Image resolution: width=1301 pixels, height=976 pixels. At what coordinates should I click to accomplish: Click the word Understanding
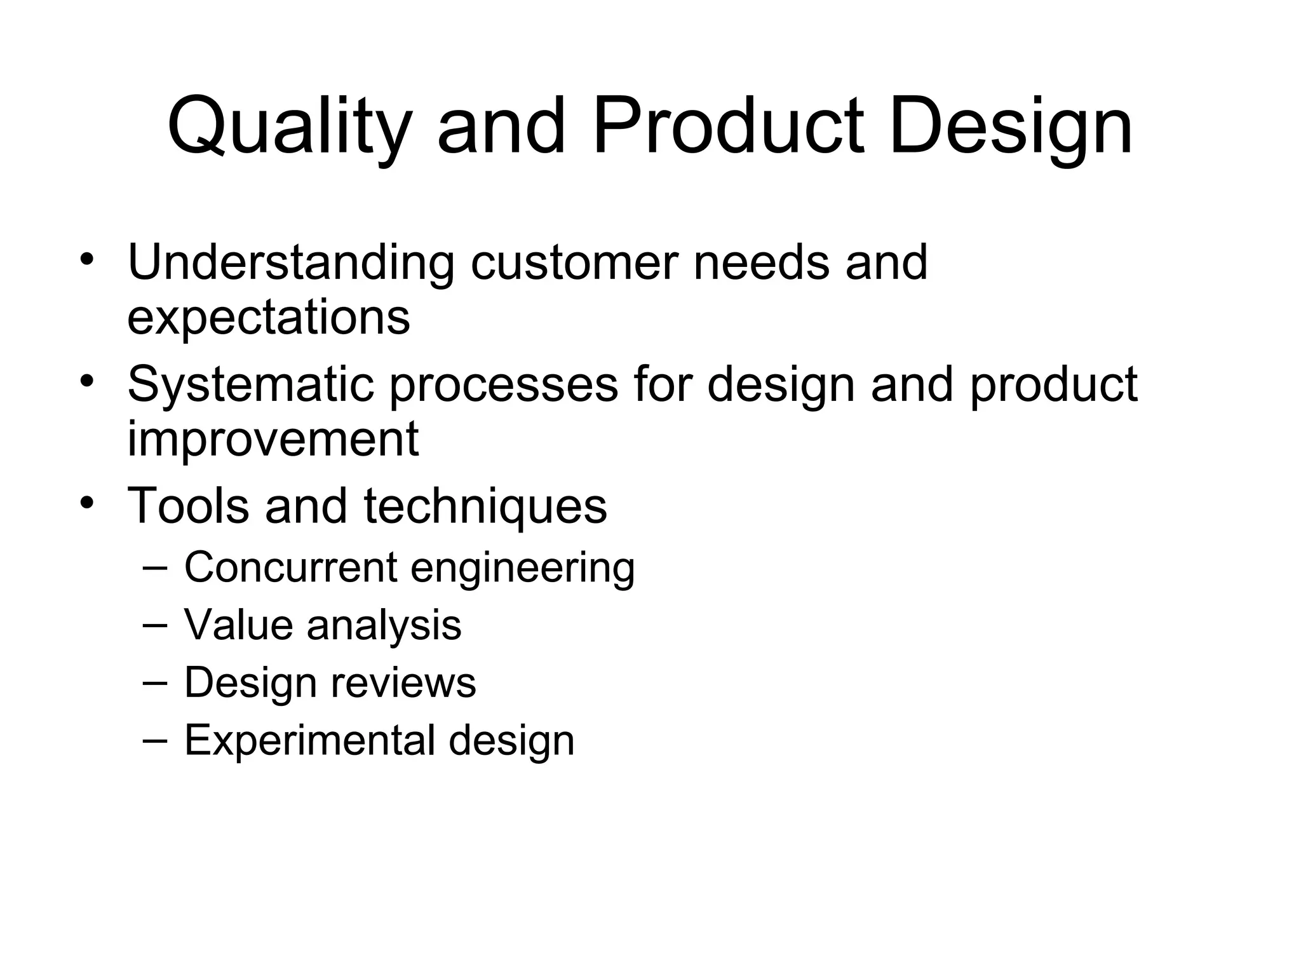point(291,262)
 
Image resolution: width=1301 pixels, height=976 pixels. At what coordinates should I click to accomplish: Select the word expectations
point(268,318)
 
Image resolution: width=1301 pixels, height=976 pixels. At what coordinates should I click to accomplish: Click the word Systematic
point(251,384)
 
